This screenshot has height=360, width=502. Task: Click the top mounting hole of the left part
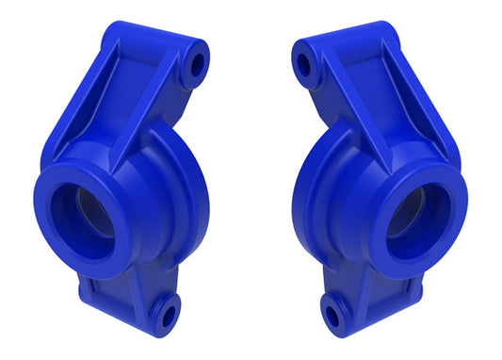(x=197, y=64)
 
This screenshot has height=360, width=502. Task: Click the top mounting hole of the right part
(x=305, y=64)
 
